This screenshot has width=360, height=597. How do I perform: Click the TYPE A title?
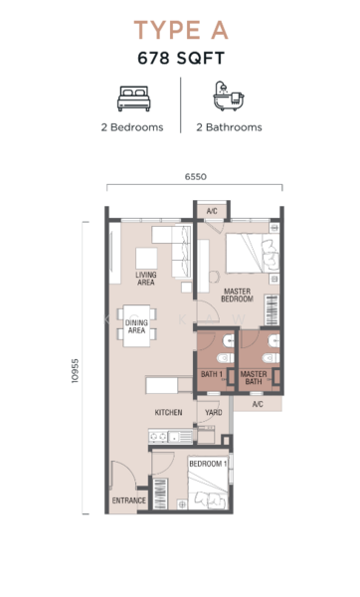(181, 30)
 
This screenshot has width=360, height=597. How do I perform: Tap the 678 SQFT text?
(181, 59)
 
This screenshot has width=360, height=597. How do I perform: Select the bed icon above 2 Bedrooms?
(133, 99)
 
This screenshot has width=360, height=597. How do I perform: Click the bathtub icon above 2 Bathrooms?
(228, 96)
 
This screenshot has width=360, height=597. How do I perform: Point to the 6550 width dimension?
(196, 177)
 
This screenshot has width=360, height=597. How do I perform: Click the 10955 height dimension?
(75, 370)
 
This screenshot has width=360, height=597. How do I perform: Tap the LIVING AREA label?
(146, 279)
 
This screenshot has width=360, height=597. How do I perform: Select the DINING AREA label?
(136, 326)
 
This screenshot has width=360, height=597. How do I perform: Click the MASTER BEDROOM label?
(237, 296)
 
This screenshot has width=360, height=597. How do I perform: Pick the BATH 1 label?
(212, 374)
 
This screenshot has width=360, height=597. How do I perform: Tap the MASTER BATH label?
(254, 378)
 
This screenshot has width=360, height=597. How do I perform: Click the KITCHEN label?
(169, 412)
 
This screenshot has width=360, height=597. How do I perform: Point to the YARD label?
(214, 412)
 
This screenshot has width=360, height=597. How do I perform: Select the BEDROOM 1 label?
(208, 464)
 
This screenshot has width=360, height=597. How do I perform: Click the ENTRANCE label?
(129, 500)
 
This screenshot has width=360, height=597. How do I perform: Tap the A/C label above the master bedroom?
(212, 211)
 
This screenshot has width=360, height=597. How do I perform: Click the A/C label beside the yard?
(258, 404)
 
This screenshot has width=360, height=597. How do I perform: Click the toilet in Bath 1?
(225, 358)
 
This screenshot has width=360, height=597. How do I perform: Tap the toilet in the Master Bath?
(270, 358)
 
